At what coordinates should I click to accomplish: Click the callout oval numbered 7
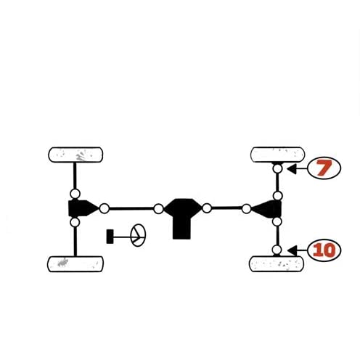tap(324, 168)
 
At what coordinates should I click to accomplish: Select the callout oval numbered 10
tap(324, 250)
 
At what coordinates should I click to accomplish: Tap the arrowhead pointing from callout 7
tap(292, 168)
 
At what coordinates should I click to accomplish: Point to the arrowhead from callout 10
tap(292, 250)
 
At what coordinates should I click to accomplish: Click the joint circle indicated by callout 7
tap(277, 168)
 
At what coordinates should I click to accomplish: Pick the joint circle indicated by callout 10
tap(277, 250)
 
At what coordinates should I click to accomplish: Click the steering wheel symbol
tap(138, 235)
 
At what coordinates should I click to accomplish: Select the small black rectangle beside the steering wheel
tap(110, 237)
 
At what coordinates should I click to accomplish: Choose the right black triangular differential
tap(267, 209)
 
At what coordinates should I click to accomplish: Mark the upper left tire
tap(75, 155)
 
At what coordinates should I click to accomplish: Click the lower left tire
tap(75, 264)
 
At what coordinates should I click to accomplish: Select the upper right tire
tap(277, 155)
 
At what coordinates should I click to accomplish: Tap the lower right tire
tap(277, 263)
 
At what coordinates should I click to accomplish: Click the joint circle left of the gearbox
tap(158, 209)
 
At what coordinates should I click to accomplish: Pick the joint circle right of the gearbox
tap(207, 208)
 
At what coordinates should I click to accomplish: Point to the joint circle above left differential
tap(75, 194)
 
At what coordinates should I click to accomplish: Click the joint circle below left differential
tap(75, 222)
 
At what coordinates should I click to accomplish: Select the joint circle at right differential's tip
tap(246, 208)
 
